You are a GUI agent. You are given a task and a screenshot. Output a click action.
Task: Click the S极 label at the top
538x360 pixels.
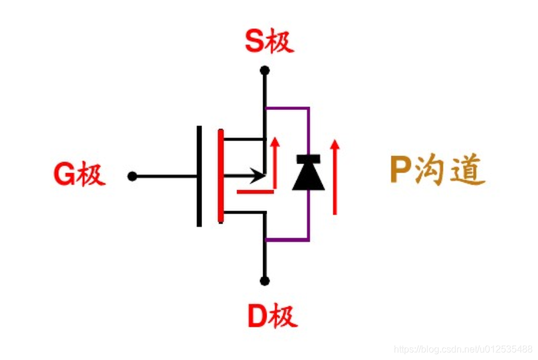coord(269,43)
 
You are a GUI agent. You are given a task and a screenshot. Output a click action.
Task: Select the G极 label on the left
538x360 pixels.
coord(79,176)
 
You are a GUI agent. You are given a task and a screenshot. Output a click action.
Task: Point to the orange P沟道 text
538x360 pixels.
coord(437,172)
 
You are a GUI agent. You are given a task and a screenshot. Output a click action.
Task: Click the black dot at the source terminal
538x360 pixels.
coord(265,71)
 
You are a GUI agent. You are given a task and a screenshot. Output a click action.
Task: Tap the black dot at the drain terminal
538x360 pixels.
coord(265,281)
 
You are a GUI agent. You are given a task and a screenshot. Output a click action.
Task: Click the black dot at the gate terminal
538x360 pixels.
coord(132,176)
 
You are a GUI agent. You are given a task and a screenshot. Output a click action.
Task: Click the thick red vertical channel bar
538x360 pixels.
coord(221,176)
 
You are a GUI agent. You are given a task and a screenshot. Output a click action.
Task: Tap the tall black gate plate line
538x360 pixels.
coord(199,176)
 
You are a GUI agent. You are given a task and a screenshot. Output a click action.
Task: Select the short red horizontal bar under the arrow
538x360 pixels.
coord(256,191)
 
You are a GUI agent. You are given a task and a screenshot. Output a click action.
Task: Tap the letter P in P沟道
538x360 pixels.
coord(400,172)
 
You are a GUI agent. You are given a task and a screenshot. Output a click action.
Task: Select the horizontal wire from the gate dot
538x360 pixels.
coord(166,176)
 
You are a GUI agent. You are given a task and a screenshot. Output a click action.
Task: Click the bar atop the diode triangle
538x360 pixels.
coord(309,158)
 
